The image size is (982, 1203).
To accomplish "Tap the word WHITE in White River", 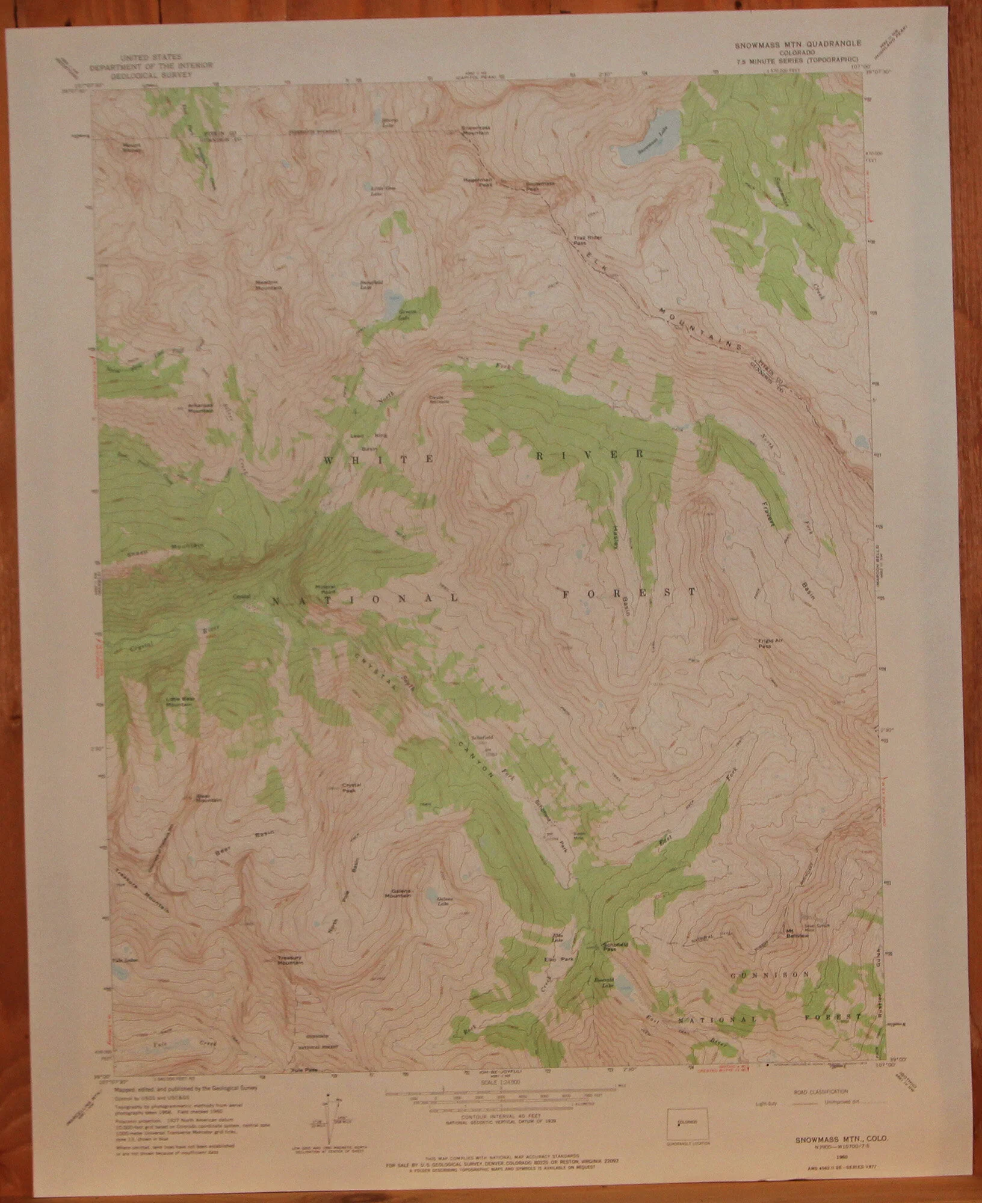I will (x=348, y=460).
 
